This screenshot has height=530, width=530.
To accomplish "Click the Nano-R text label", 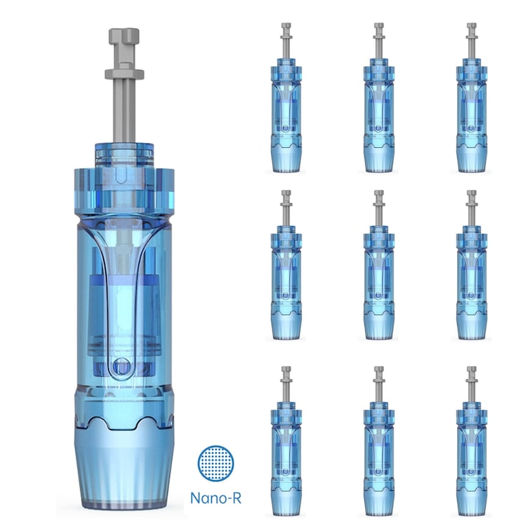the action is click(216, 498).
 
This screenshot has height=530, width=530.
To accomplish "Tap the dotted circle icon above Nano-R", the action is click(216, 463).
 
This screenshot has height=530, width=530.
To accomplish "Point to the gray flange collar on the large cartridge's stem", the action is click(124, 74).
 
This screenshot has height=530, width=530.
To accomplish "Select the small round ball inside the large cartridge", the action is click(121, 367).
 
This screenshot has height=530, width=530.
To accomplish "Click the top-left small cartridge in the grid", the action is click(286, 98).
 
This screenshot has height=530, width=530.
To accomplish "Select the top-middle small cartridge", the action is click(379, 98).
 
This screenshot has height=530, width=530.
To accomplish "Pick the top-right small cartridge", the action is click(472, 98).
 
